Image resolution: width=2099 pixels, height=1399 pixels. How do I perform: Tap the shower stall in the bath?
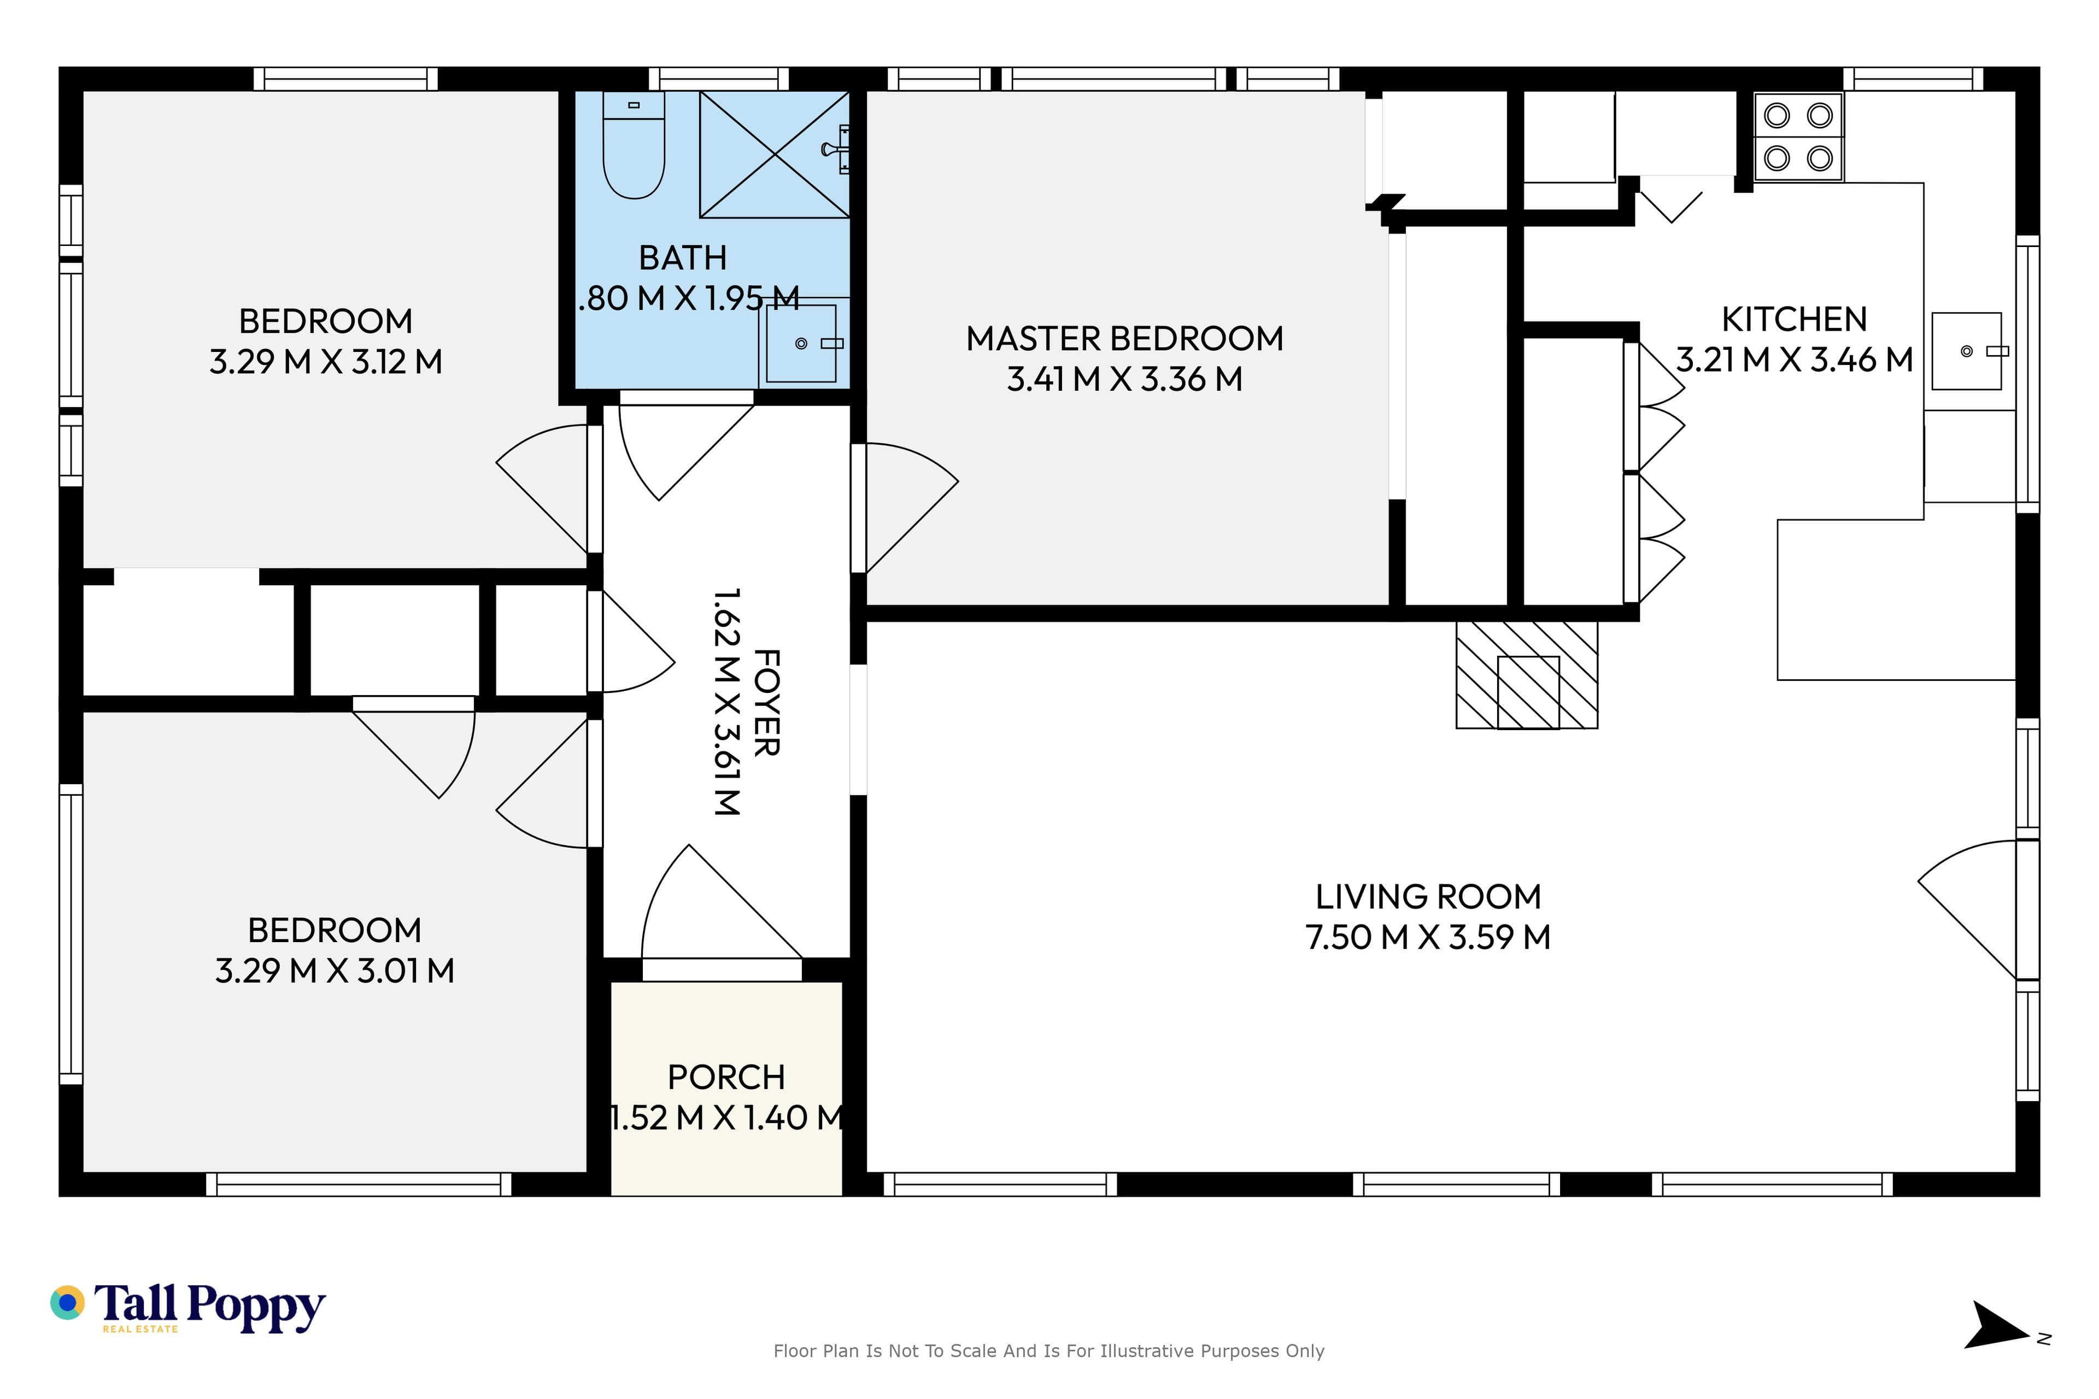(775, 154)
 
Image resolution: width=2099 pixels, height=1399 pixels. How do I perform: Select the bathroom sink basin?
(801, 344)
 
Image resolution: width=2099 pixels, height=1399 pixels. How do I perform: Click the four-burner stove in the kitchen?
(1798, 137)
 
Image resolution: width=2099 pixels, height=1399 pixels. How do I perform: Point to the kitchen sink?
(1967, 351)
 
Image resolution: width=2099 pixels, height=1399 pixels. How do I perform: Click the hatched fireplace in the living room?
(1527, 674)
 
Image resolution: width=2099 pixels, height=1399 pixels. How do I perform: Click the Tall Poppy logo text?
(210, 1307)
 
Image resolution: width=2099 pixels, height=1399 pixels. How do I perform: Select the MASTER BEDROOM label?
(1124, 339)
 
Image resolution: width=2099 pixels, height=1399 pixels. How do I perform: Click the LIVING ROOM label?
(1428, 897)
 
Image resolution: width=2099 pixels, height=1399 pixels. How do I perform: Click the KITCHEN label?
(1794, 319)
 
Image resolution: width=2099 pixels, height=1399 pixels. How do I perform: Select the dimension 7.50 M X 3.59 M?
(1428, 938)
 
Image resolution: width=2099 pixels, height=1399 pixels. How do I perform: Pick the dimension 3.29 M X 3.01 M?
(335, 971)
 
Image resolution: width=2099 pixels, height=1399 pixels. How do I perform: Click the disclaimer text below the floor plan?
(1048, 1351)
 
